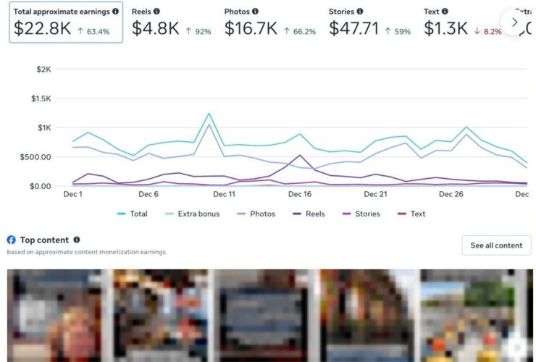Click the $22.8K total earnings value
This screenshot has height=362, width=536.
[x=43, y=28]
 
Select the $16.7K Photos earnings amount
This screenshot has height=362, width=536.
[x=251, y=28]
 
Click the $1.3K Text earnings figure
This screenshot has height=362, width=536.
[x=445, y=28]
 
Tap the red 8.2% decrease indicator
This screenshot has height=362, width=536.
[x=487, y=31]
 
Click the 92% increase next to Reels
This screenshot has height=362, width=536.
[x=198, y=31]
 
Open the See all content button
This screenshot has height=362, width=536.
[x=496, y=245]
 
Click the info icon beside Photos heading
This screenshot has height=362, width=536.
[x=255, y=12]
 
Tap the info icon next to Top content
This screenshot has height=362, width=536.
[x=77, y=240]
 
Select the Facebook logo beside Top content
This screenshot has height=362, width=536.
[x=12, y=240]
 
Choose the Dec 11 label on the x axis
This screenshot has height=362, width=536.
[x=224, y=194]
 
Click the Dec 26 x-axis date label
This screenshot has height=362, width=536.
[x=451, y=194]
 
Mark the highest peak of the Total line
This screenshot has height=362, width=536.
[x=209, y=113]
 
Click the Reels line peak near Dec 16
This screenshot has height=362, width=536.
[x=300, y=155]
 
